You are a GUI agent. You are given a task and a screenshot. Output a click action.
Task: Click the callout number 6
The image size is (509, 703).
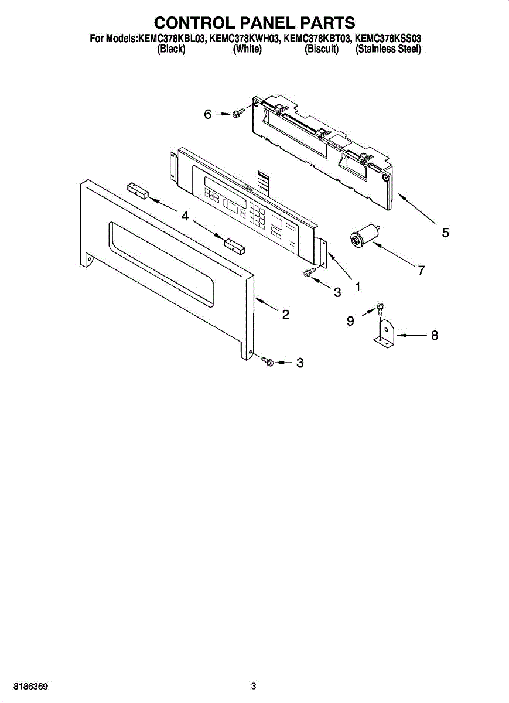pos(208,115)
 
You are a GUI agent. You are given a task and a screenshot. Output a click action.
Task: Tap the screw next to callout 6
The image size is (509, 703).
pos(237,114)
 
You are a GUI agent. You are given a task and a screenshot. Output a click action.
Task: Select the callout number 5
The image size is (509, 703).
pos(446,233)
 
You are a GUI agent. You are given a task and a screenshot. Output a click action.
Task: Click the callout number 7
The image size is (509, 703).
pos(421,270)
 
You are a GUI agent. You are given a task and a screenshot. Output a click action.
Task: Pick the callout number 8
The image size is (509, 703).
pos(434,336)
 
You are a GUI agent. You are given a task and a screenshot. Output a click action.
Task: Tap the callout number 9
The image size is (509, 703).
pos(350,320)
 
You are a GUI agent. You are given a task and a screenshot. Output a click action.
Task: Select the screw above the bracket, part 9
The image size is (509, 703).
pos(380,306)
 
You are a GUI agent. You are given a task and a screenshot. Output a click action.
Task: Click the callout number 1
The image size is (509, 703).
pos(357,286)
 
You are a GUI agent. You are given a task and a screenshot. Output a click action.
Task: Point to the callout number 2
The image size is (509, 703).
pos(285,315)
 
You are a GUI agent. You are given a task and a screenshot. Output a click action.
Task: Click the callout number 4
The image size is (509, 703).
pos(185,216)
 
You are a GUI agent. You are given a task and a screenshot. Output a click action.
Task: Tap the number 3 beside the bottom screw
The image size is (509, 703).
pos(299,363)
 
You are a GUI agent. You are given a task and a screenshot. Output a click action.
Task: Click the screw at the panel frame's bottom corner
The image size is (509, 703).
pos(268,362)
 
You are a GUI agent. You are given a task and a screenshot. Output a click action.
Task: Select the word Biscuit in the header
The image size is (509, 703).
pos(322,50)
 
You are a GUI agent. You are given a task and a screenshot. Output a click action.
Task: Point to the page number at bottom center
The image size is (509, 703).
pos(254,686)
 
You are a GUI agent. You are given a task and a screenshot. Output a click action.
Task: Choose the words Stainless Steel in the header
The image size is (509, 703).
pos(388,50)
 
